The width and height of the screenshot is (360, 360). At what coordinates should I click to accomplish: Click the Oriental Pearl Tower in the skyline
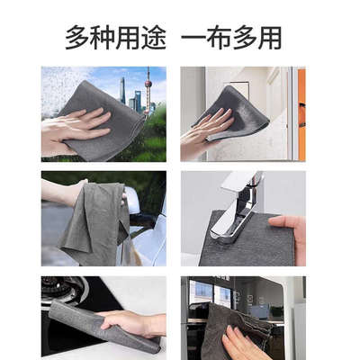(148, 90)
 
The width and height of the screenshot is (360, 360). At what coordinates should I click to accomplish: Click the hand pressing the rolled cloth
(135, 322)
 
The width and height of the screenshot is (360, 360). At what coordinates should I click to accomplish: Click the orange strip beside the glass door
(301, 112)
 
